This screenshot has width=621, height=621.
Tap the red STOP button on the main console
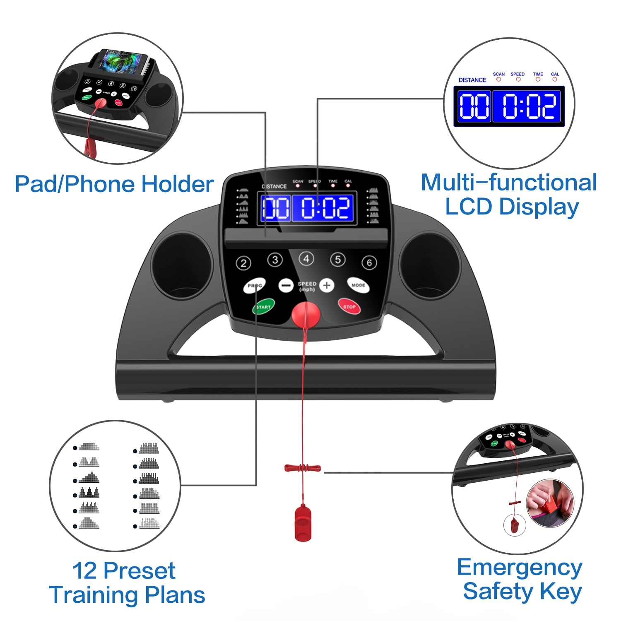pyautogui.click(x=349, y=306)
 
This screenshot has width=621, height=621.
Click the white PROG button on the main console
pyautogui.click(x=254, y=286)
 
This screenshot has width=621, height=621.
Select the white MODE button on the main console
pyautogui.click(x=358, y=285)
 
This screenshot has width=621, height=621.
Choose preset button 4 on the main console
pyautogui.click(x=306, y=259)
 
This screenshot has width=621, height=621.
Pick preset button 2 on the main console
pyautogui.click(x=243, y=263)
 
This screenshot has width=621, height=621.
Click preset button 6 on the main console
pyautogui.click(x=369, y=262)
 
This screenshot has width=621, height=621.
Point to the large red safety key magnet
pyautogui.click(x=306, y=315)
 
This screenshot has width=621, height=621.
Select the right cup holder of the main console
pyautogui.click(x=430, y=265)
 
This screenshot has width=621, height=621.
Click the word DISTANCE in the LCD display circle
pyautogui.click(x=472, y=80)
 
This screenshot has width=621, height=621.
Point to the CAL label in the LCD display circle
pyautogui.click(x=555, y=75)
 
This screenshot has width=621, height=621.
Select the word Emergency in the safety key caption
pyautogui.click(x=520, y=568)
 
